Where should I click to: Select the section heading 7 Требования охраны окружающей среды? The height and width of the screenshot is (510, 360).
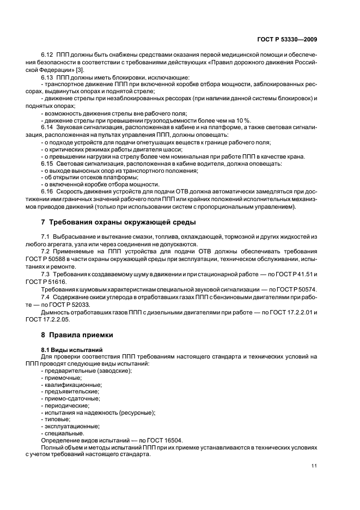point(118,222)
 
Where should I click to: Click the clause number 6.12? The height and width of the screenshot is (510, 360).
point(48,57)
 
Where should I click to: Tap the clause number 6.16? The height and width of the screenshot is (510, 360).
point(48,191)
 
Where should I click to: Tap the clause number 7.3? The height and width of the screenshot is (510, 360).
point(46,274)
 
